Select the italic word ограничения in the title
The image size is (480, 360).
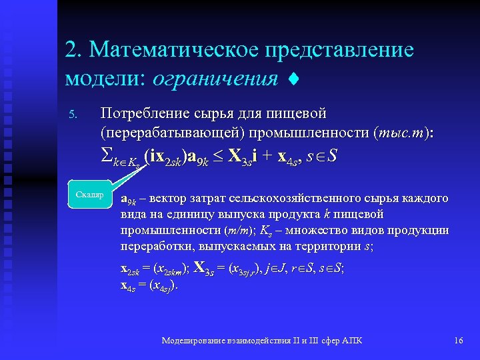click(x=215, y=79)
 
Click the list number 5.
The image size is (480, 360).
click(x=73, y=117)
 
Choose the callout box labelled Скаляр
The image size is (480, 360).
click(x=89, y=195)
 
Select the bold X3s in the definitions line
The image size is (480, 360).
click(x=203, y=270)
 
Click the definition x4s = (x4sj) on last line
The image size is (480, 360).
click(x=149, y=286)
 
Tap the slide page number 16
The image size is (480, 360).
click(x=458, y=341)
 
